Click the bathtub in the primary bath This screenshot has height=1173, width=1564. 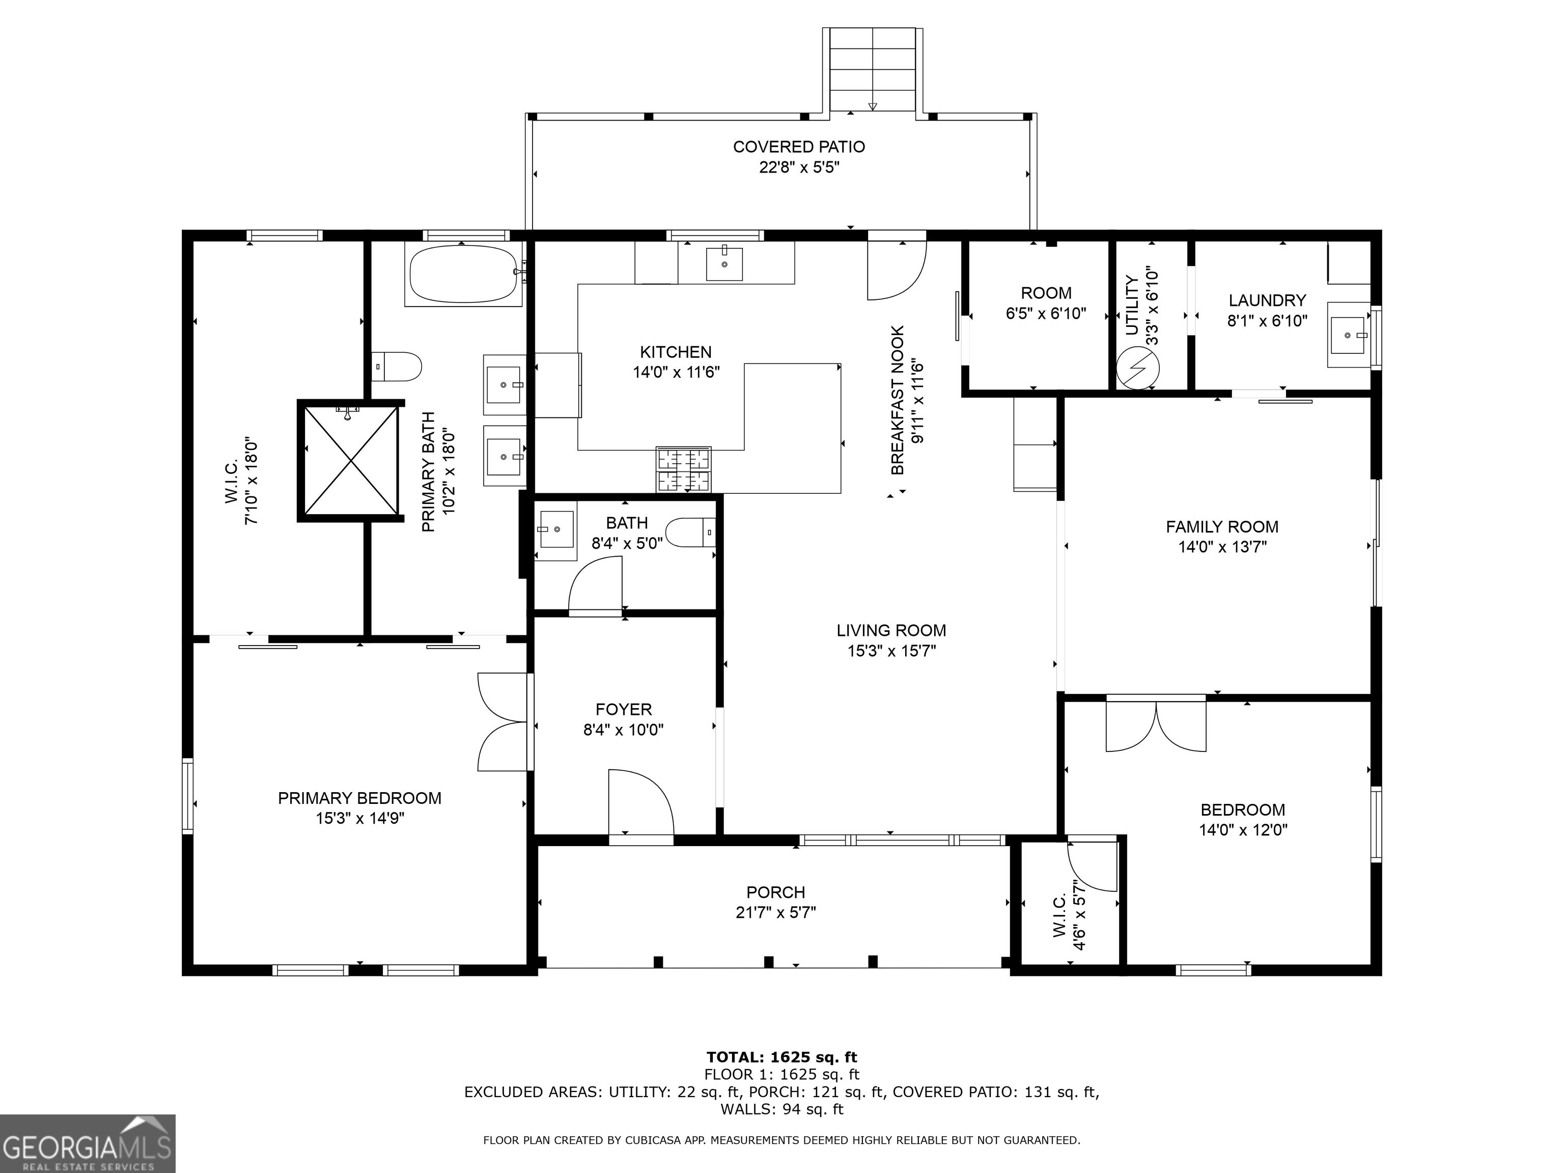464,274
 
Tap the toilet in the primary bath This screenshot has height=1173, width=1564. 397,366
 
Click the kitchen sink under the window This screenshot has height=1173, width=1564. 724,264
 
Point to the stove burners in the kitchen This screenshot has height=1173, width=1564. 684,469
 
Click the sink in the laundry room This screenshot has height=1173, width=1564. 1348,334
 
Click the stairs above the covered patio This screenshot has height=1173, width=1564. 873,69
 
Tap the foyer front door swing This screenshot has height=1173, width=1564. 640,802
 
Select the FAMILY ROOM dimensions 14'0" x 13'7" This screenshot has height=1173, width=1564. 1222,547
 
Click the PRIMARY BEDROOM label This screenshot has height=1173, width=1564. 359,798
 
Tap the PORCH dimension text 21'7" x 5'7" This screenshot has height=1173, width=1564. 776,913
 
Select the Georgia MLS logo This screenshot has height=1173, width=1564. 88,1143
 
